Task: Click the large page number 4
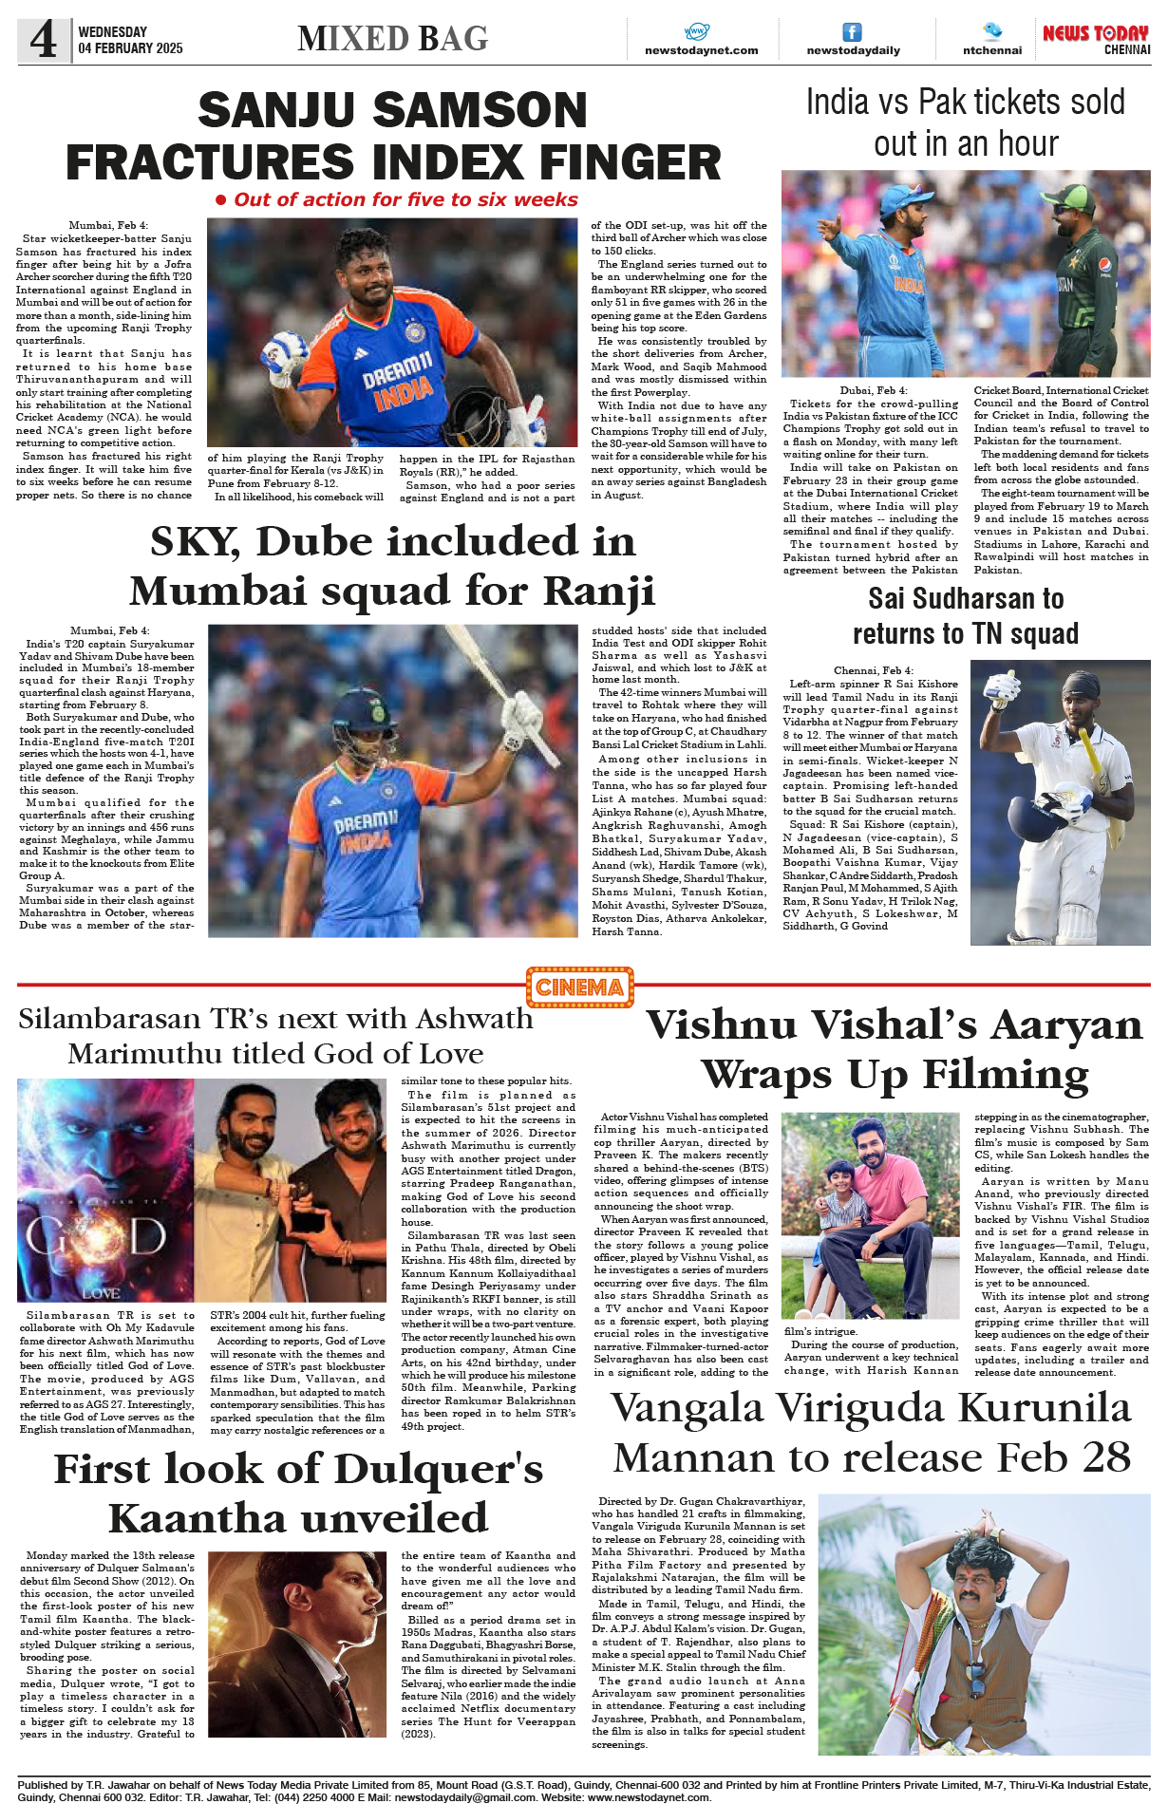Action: [43, 40]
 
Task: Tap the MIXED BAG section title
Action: [392, 39]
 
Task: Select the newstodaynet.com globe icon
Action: [697, 31]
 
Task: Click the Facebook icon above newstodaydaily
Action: [853, 31]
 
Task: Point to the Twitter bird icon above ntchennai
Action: [992, 30]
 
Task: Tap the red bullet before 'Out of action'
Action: [220, 200]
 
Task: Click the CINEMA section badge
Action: [579, 987]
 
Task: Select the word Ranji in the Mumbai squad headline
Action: [599, 591]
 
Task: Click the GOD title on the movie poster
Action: [96, 1236]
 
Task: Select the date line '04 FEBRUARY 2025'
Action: [130, 48]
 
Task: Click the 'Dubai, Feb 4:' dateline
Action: [873, 390]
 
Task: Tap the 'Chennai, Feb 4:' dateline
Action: [873, 670]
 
